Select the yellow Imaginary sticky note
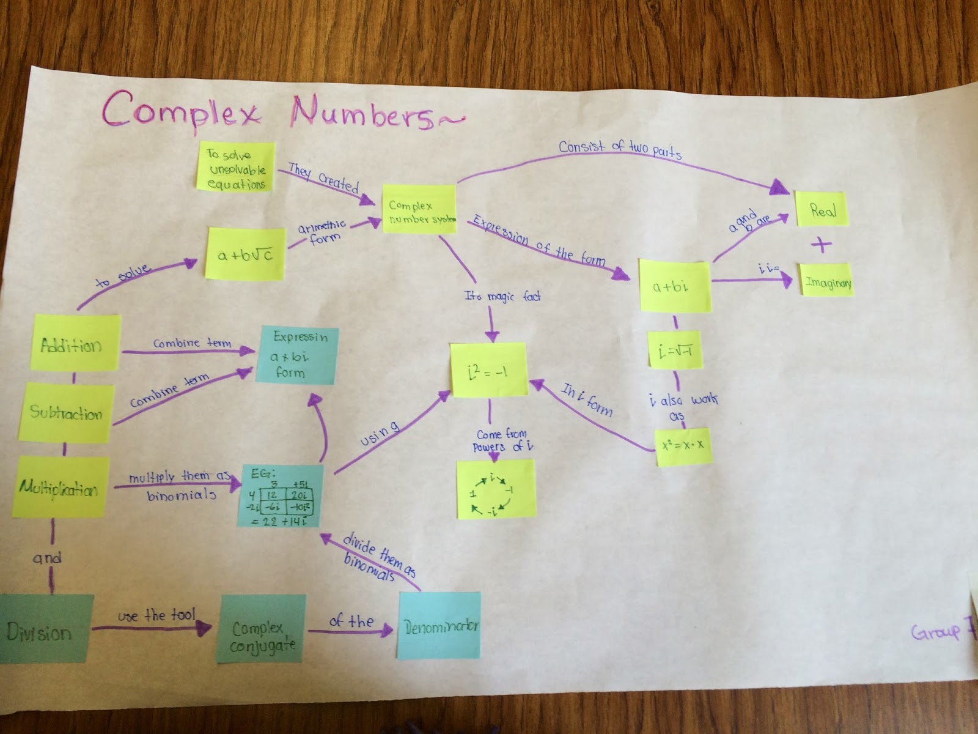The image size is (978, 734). click(x=826, y=281)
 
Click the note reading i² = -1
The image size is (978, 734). click(x=488, y=370)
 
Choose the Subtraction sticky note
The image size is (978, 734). click(x=66, y=413)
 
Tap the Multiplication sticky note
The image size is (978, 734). click(x=59, y=486)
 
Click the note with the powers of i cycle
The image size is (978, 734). click(x=495, y=489)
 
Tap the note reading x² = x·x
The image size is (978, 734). click(x=683, y=445)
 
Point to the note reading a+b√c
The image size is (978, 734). click(x=245, y=254)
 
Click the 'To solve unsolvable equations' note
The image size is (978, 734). click(x=235, y=167)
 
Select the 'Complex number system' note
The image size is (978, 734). click(x=419, y=209)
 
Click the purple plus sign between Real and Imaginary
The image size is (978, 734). click(x=822, y=245)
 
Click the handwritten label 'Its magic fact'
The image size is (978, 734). click(x=502, y=297)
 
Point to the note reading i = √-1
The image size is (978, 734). click(x=675, y=350)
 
